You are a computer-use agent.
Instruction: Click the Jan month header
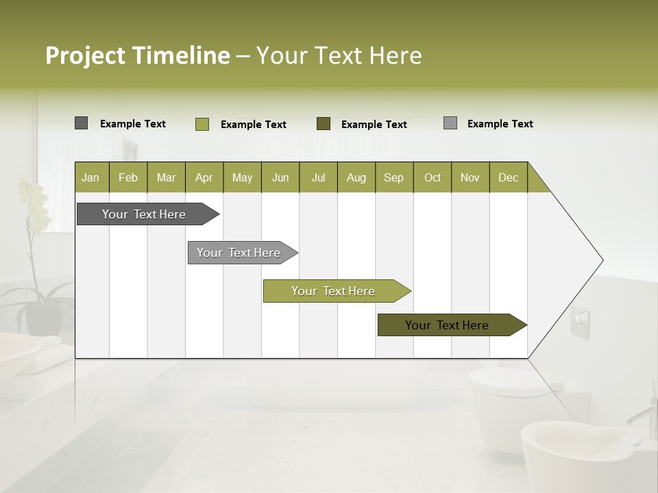click(90, 177)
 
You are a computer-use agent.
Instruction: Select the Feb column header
click(128, 177)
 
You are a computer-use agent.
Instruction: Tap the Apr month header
click(204, 177)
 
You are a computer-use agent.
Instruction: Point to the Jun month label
click(280, 177)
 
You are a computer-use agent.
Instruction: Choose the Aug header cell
click(356, 177)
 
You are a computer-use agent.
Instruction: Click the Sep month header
click(393, 177)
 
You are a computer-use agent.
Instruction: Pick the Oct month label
click(432, 177)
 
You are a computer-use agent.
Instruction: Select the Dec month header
click(508, 177)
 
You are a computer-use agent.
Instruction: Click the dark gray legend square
click(81, 123)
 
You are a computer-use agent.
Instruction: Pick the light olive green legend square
click(202, 124)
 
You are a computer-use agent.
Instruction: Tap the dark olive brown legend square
click(323, 124)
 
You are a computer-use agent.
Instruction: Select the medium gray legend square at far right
click(450, 123)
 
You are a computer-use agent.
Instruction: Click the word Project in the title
click(86, 55)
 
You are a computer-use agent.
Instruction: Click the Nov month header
click(470, 177)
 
